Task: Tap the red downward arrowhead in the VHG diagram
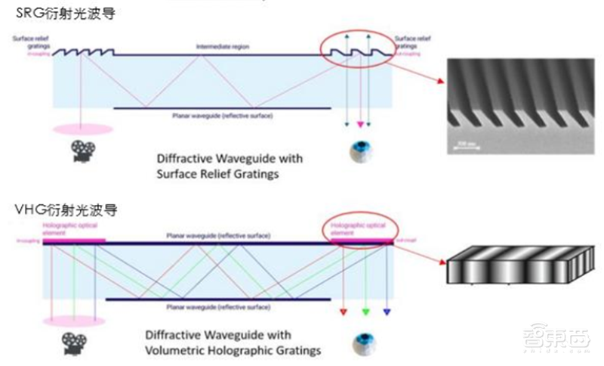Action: [344, 311]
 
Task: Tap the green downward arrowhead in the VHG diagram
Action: [366, 311]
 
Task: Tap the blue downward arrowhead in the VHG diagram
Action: [387, 311]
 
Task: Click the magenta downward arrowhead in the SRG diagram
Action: [360, 124]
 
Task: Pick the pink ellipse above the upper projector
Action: [83, 129]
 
